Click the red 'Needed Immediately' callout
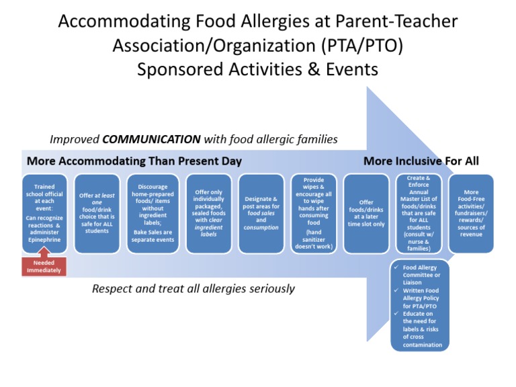pyautogui.click(x=44, y=266)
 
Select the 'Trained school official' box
pyautogui.click(x=44, y=213)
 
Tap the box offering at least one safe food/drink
pyautogui.click(x=97, y=213)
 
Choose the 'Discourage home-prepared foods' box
pyautogui.click(x=153, y=213)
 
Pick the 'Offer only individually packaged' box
pyautogui.click(x=208, y=213)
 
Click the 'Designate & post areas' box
pyautogui.click(x=261, y=213)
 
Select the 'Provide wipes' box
pyautogui.click(x=313, y=213)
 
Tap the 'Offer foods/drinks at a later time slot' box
pyautogui.click(x=366, y=213)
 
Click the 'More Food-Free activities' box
pyautogui.click(x=471, y=213)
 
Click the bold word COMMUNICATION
pyautogui.click(x=151, y=140)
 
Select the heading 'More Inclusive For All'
pyautogui.click(x=421, y=161)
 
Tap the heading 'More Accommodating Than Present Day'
pyautogui.click(x=134, y=161)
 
